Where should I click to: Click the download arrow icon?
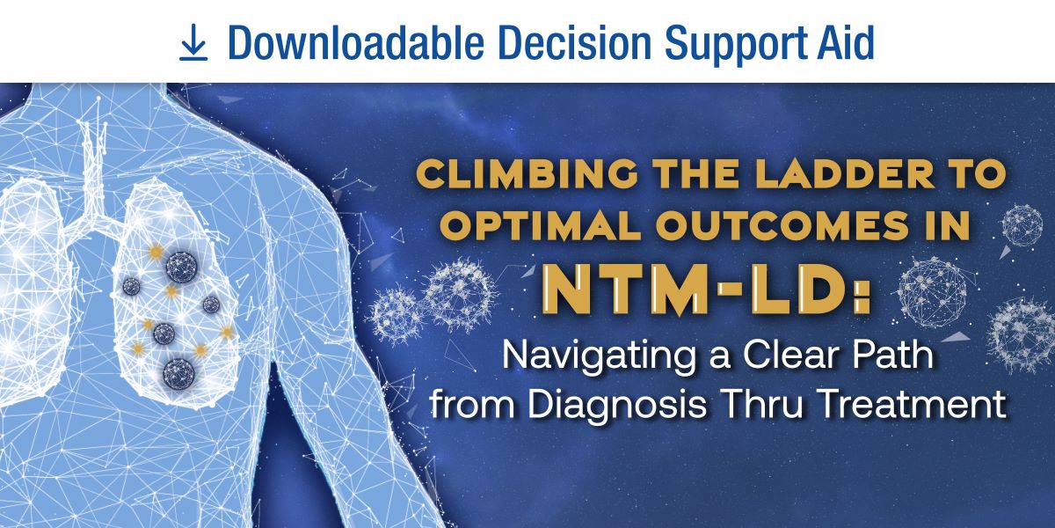[193, 42]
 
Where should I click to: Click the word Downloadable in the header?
[356, 42]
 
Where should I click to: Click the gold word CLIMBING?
[527, 173]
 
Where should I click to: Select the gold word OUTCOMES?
[782, 225]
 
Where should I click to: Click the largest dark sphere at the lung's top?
[181, 268]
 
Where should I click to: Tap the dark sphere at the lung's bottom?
[179, 374]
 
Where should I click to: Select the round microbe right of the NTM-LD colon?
[932, 292]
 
